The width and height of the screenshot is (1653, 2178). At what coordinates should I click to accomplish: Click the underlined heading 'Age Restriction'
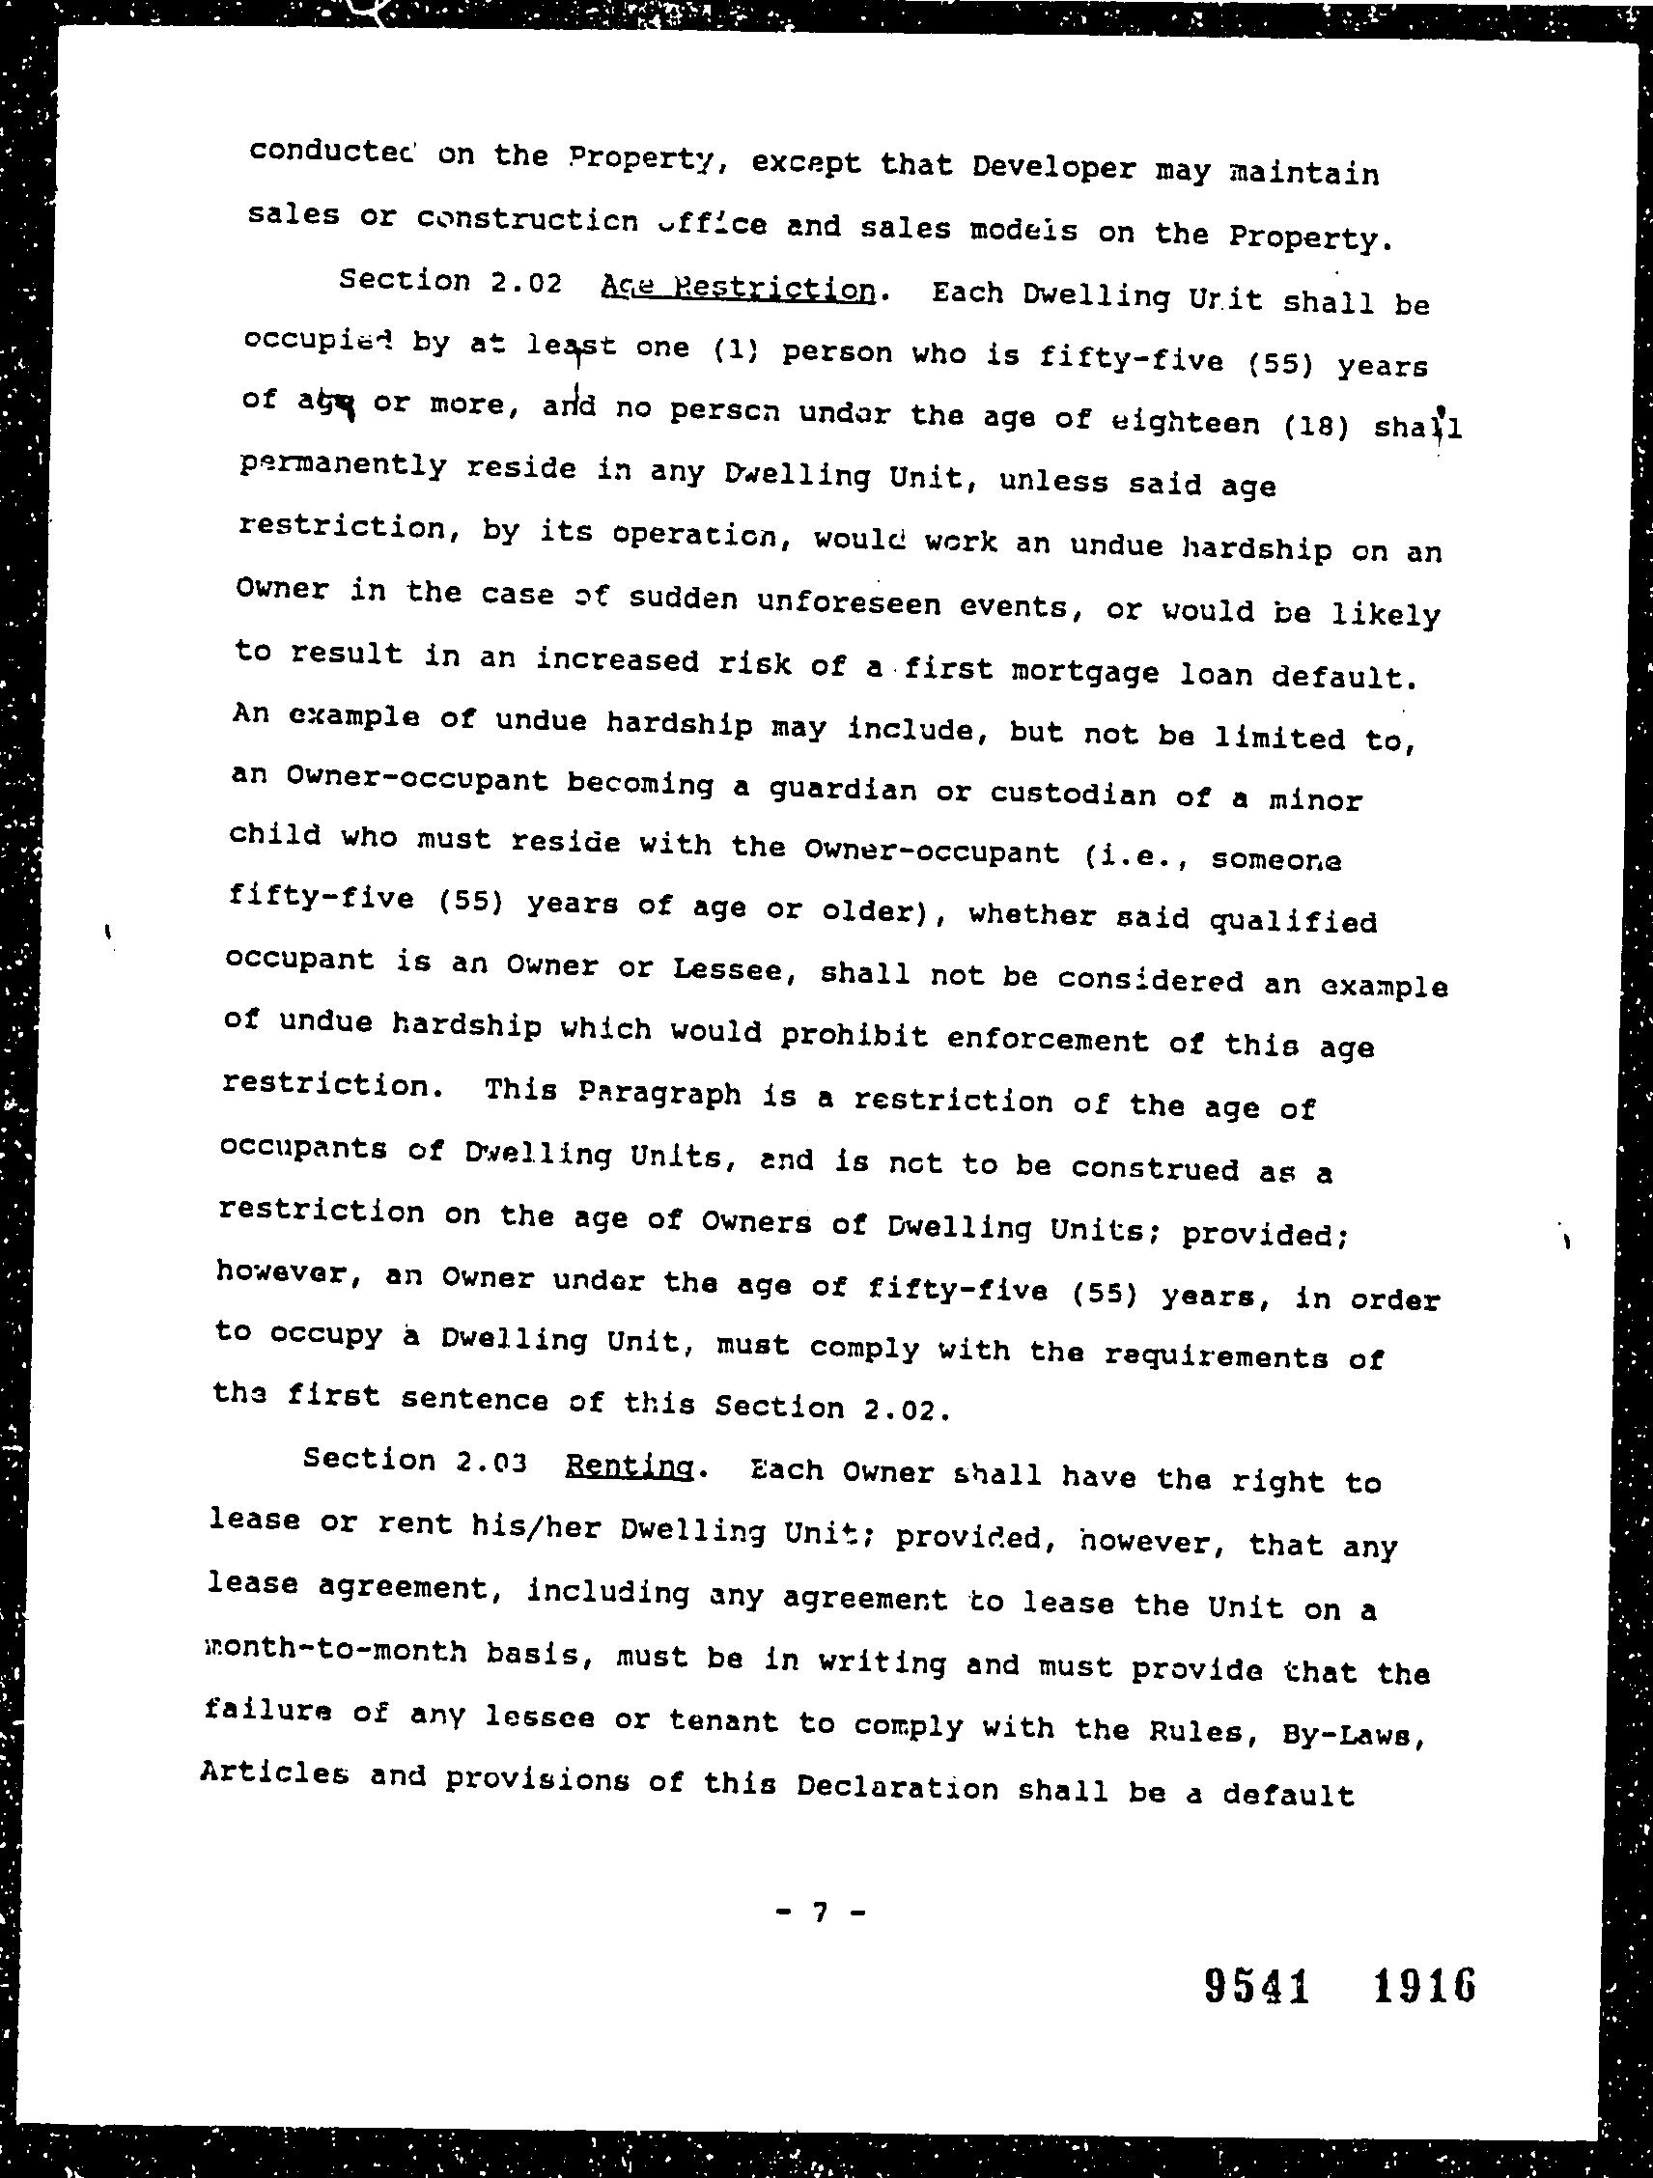[738, 288]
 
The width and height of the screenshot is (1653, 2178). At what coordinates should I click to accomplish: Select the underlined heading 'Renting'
[631, 1466]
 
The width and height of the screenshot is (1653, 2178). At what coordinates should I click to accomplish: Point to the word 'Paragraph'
[659, 1093]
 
